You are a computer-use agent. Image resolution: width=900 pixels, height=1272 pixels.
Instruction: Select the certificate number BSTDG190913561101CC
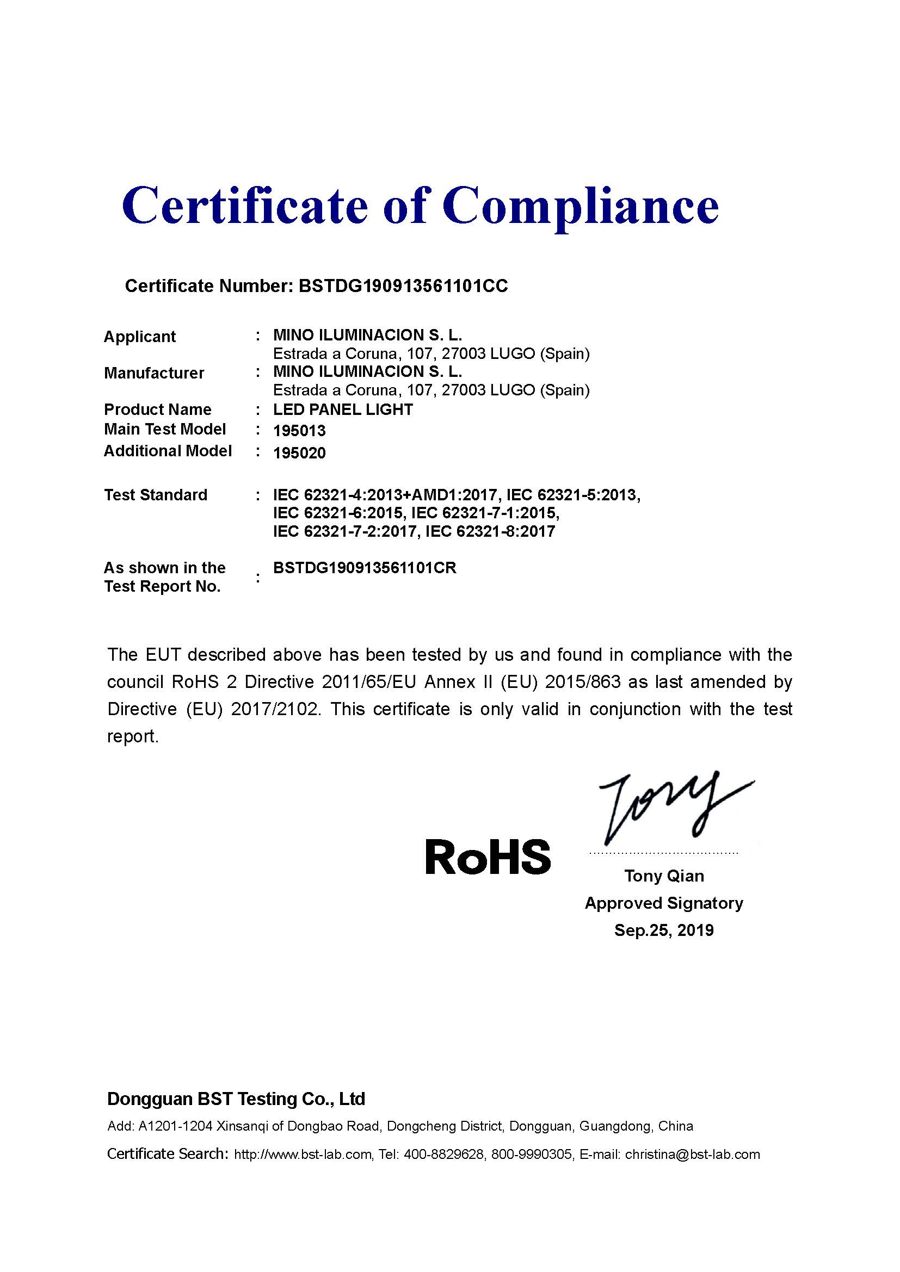(x=403, y=286)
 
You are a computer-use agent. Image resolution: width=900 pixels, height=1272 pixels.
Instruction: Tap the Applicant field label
(x=140, y=337)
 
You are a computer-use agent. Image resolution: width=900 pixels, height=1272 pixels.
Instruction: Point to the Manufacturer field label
(x=154, y=373)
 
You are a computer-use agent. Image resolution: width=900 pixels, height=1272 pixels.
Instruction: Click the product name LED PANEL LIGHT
(x=343, y=410)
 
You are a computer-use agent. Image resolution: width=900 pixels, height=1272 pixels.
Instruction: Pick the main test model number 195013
(x=299, y=431)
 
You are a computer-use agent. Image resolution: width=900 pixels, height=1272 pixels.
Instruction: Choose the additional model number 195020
(x=299, y=453)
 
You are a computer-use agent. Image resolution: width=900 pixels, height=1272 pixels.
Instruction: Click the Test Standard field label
(x=156, y=495)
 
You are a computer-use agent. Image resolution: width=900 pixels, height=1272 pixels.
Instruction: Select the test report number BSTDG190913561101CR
(x=365, y=568)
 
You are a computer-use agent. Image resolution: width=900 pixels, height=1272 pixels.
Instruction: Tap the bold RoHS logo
(x=488, y=857)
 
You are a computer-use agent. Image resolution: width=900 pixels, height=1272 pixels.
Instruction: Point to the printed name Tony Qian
(x=664, y=876)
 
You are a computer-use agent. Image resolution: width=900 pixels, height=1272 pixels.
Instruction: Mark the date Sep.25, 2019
(x=664, y=930)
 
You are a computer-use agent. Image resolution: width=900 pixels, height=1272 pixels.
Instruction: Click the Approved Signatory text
(x=664, y=903)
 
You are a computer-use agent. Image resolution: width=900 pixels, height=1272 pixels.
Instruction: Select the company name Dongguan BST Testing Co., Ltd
(x=236, y=1099)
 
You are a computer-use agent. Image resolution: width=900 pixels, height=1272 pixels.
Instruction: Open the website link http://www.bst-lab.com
(x=303, y=1155)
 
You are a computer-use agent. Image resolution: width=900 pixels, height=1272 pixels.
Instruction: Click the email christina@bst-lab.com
(x=692, y=1155)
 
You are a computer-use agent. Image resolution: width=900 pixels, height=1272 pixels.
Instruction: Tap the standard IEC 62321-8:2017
(x=490, y=532)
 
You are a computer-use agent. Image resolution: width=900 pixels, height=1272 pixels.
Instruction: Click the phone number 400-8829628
(x=443, y=1155)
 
